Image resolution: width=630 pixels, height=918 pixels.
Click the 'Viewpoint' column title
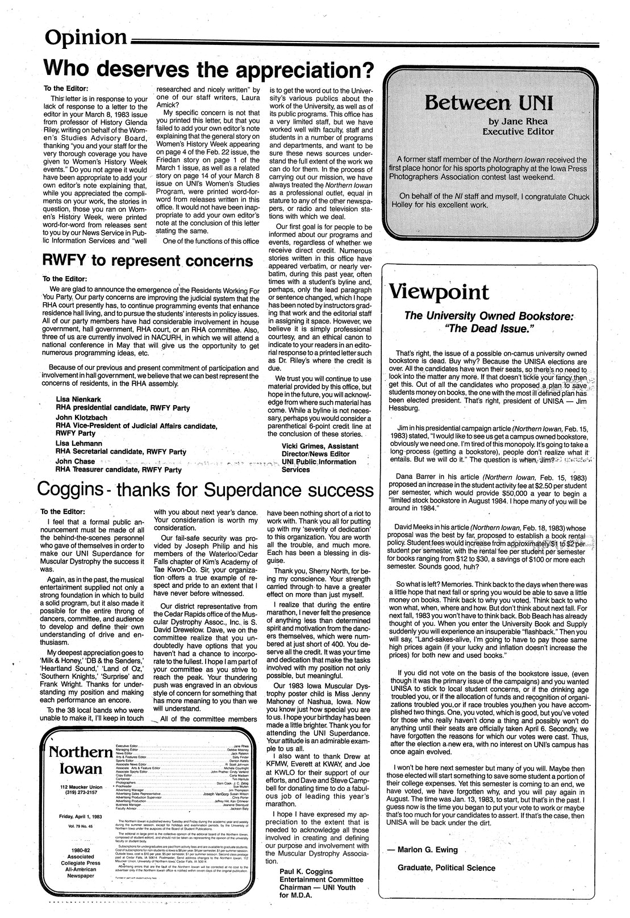coord(439,292)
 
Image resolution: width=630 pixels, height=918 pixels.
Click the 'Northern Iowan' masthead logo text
coord(80,761)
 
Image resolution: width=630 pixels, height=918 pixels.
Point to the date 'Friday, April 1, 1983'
coord(80,816)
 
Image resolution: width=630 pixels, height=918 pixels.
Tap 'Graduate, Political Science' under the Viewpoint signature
coord(447,867)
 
